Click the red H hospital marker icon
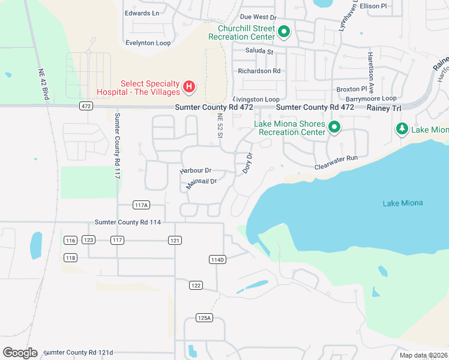pyautogui.click(x=189, y=88)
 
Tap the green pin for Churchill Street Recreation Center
pyautogui.click(x=284, y=32)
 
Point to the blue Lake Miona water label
pyautogui.click(x=402, y=203)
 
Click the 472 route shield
pyautogui.click(x=85, y=106)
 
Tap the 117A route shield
pyautogui.click(x=141, y=205)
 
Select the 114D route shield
pyautogui.click(x=217, y=259)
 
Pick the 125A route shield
pyautogui.click(x=204, y=317)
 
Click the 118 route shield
pyautogui.click(x=70, y=258)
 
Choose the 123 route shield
pyautogui.click(x=88, y=240)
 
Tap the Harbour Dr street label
pyautogui.click(x=196, y=171)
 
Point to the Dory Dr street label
pyautogui.click(x=247, y=163)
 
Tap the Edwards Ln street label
pyautogui.click(x=142, y=13)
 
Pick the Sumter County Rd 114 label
pyautogui.click(x=127, y=222)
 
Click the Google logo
pyautogui.click(x=20, y=353)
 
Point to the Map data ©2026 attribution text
pyautogui.click(x=423, y=355)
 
